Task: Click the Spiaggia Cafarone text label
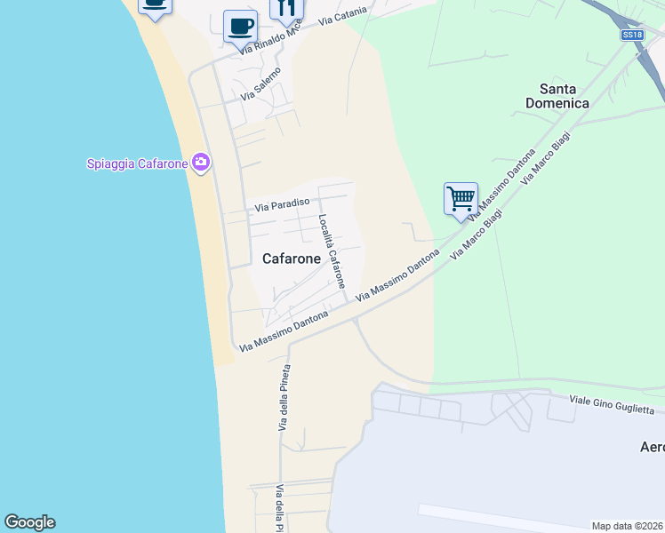pyautogui.click(x=137, y=163)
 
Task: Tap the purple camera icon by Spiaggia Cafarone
pyautogui.click(x=201, y=162)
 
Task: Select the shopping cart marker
pyautogui.click(x=461, y=198)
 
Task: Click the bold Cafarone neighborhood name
pyautogui.click(x=292, y=259)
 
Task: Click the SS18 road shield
pyautogui.click(x=631, y=35)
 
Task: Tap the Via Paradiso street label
pyautogui.click(x=281, y=205)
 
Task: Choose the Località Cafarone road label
pyautogui.click(x=332, y=251)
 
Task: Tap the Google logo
pyautogui.click(x=29, y=522)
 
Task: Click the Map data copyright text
pyautogui.click(x=627, y=525)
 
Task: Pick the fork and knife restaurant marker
pyautogui.click(x=286, y=8)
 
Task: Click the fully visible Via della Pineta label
pyautogui.click(x=285, y=397)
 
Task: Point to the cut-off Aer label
pyautogui.click(x=652, y=446)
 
